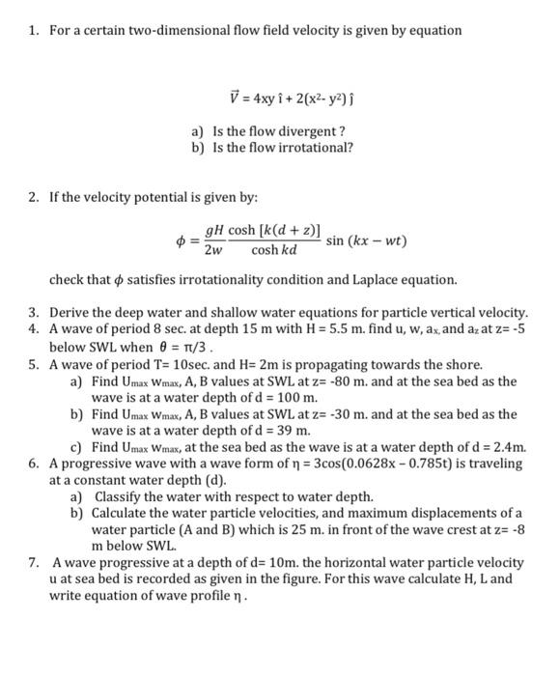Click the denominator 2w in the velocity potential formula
coord(214,250)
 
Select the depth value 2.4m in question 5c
coord(508,446)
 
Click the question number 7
coord(33,561)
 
